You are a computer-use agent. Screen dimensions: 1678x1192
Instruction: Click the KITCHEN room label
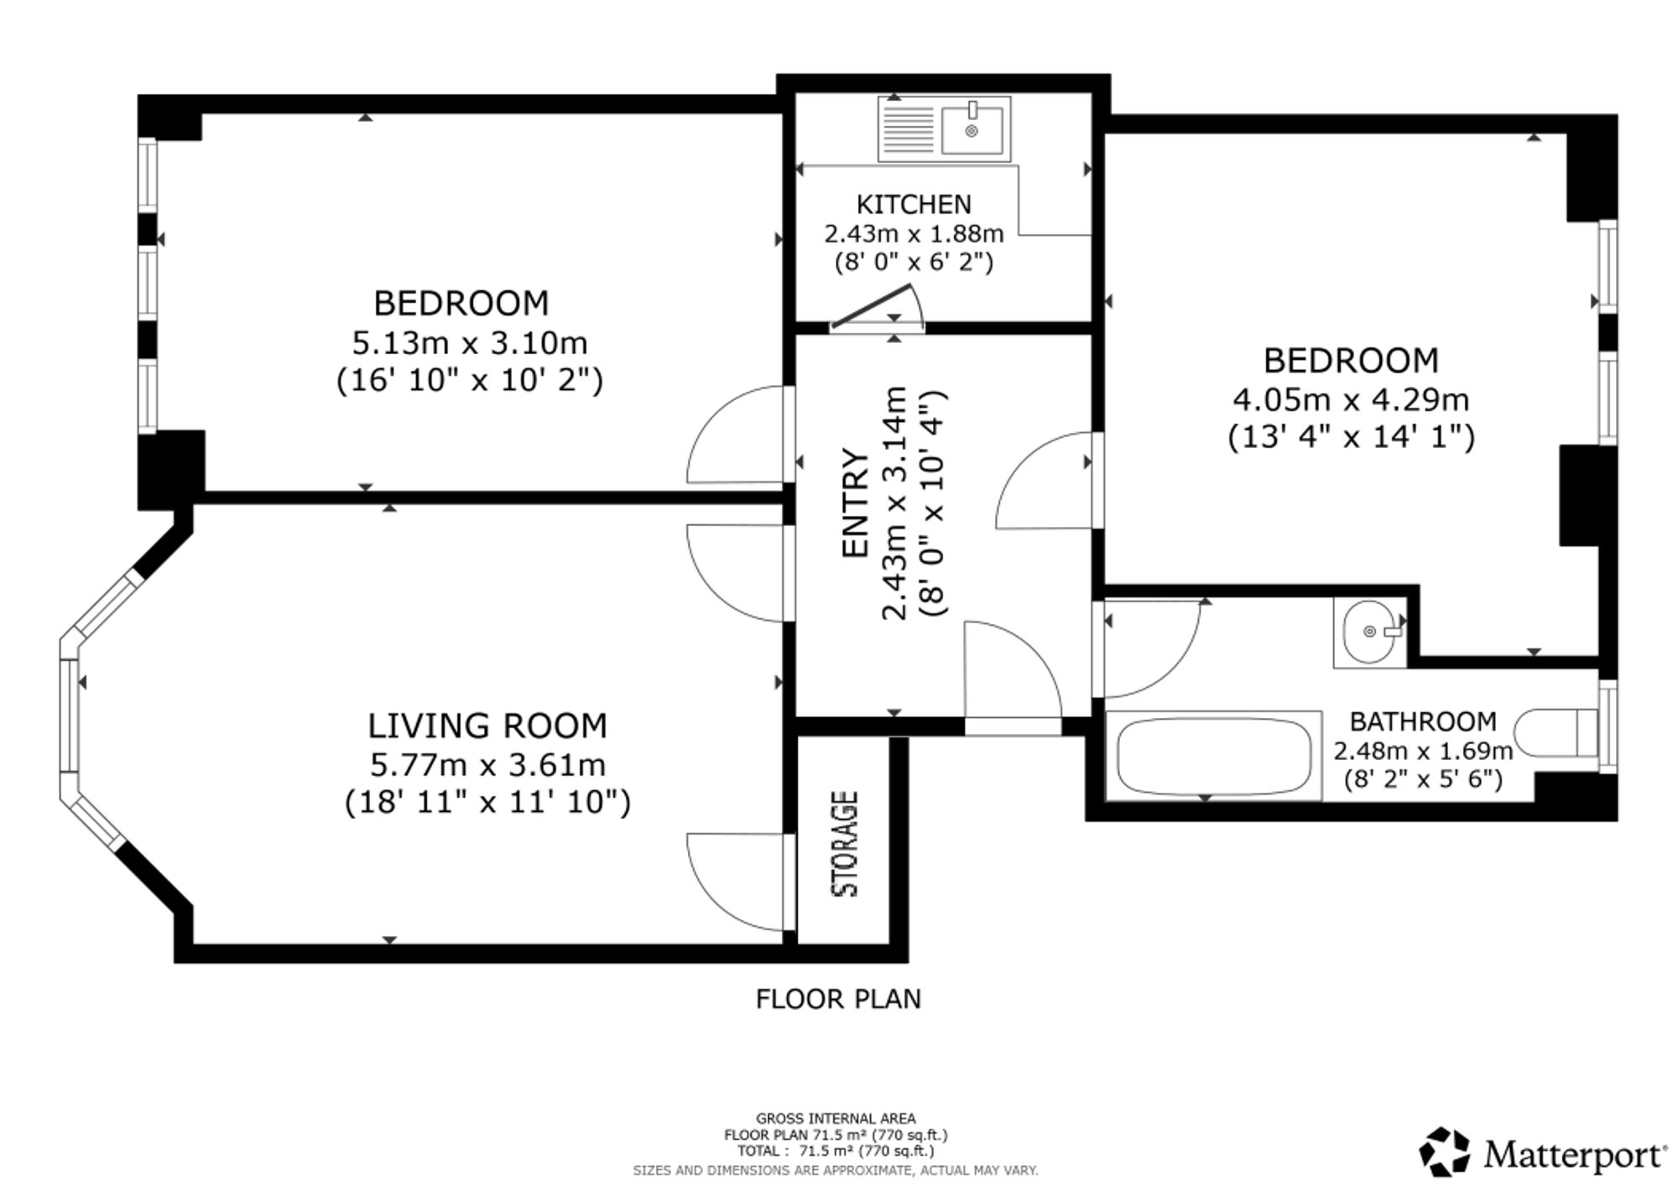coord(914,205)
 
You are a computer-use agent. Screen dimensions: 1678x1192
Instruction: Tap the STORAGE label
coord(845,844)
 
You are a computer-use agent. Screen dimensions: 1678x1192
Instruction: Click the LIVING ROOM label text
coord(487,726)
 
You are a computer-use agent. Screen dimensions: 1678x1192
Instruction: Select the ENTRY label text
coord(855,503)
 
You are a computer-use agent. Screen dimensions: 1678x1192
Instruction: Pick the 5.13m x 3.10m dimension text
coord(469,343)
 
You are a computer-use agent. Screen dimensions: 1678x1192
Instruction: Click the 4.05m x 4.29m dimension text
coord(1351,400)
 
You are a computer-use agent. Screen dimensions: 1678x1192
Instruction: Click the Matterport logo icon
coord(1445,1152)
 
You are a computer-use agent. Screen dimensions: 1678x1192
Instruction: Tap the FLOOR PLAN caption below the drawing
coord(838,999)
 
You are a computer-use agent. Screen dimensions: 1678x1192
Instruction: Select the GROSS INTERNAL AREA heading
coord(836,1118)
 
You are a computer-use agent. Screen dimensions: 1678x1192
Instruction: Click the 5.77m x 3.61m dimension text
coord(487,765)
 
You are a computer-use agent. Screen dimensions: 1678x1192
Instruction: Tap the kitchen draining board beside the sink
coord(907,128)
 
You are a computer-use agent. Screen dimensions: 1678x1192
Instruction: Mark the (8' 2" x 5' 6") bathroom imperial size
coord(1423,779)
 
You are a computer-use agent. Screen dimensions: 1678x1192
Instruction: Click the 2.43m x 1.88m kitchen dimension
coord(914,233)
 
